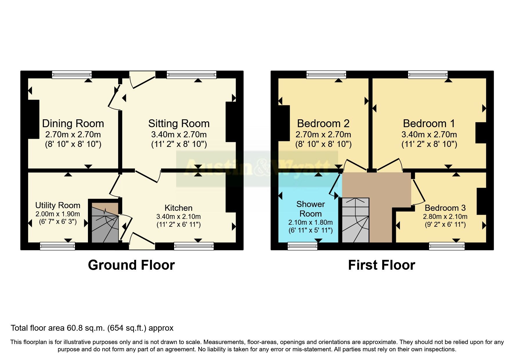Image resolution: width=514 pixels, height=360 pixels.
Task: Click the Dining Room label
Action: [73, 124]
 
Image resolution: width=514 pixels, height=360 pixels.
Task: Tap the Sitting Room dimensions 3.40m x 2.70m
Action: [179, 135]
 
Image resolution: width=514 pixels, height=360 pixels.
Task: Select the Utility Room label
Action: [58, 205]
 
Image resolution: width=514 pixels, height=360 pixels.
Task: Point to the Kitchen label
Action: [178, 208]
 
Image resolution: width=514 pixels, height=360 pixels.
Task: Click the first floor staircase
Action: [356, 221]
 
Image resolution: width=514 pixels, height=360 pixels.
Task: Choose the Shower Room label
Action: [310, 209]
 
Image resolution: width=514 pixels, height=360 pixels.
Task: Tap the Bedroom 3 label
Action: [445, 208]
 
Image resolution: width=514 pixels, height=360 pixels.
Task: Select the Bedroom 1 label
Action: [429, 124]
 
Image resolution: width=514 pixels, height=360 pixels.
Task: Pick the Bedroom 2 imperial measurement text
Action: [323, 144]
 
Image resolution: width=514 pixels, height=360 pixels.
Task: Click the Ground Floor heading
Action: [131, 265]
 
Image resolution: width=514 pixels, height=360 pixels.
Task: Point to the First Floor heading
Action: [381, 265]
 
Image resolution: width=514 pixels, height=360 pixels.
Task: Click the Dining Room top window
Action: [72, 75]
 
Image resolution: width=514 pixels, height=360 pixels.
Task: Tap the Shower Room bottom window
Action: [302, 246]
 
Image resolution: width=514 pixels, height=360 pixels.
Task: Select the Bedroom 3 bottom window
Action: [447, 246]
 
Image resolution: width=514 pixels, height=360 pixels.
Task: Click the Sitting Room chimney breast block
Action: [231, 122]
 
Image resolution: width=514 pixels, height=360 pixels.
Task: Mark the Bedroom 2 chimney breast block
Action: [284, 123]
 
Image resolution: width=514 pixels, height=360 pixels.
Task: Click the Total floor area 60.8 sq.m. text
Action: [92, 328]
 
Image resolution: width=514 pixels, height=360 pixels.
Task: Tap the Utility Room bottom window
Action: [57, 246]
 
